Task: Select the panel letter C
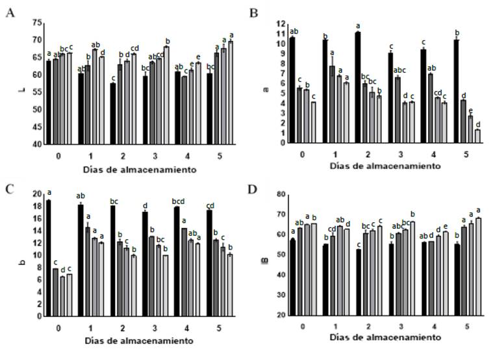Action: [9, 188]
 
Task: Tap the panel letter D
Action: [255, 188]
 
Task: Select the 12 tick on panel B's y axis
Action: [277, 24]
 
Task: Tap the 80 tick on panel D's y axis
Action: [277, 194]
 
